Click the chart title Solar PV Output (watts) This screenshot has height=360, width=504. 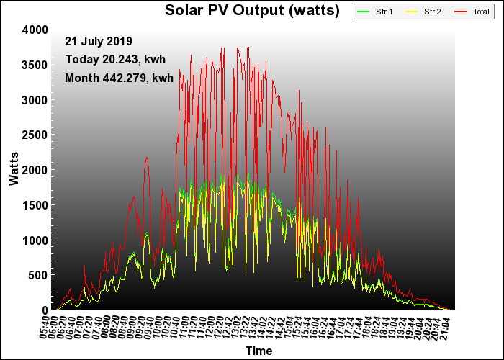[x=252, y=10]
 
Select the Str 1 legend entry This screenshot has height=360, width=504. [x=375, y=12]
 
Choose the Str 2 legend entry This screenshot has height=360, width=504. [x=423, y=12]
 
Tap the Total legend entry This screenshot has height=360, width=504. [x=472, y=12]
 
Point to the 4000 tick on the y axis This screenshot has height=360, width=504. [x=35, y=30]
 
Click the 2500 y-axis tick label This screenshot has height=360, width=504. [x=35, y=135]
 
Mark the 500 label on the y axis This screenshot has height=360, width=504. [x=38, y=275]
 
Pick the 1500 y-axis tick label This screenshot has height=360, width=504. [x=35, y=205]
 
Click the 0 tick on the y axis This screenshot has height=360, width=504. [x=45, y=310]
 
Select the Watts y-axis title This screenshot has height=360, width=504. [x=14, y=169]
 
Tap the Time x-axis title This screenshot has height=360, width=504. [x=258, y=351]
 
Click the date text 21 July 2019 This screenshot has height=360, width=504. [x=99, y=42]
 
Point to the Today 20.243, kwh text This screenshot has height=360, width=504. [x=115, y=60]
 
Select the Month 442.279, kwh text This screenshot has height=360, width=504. [x=120, y=78]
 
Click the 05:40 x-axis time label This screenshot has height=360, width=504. [x=45, y=327]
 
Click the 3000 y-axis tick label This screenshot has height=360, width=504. [x=35, y=100]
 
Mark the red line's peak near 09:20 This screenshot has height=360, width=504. [x=147, y=157]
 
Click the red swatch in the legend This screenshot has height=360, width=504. [x=460, y=12]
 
